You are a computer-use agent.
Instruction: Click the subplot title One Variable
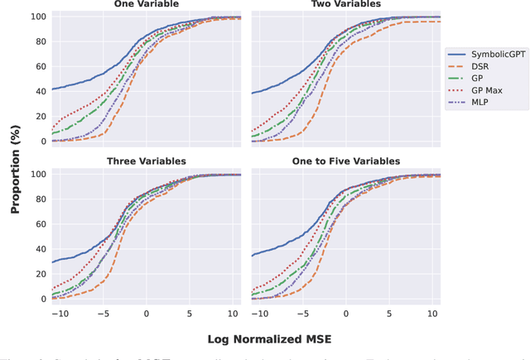[146, 4]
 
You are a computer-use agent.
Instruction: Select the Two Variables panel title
[346, 4]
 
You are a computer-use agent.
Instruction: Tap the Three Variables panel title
[146, 161]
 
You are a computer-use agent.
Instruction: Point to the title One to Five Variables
[346, 161]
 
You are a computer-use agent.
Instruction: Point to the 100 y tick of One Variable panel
[36, 17]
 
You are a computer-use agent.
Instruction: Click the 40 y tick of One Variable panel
[39, 91]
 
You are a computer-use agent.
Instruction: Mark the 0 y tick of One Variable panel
[42, 142]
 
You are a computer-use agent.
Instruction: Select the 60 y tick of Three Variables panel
[39, 224]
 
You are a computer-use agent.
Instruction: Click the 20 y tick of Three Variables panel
[39, 274]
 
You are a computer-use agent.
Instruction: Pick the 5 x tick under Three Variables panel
[190, 314]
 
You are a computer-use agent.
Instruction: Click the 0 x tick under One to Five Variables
[346, 314]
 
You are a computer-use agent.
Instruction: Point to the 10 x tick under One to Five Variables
[432, 314]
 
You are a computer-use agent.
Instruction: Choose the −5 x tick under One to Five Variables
[302, 314]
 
